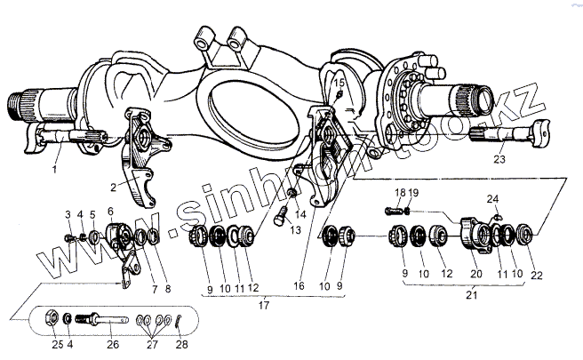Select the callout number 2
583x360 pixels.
pos(115,186)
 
